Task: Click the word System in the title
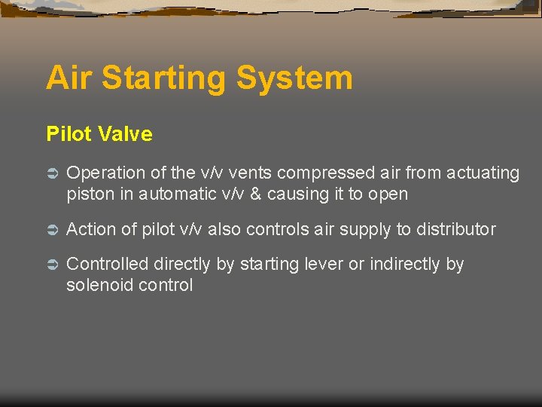294,78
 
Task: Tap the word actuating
483,174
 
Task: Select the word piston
89,194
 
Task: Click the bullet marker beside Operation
52,174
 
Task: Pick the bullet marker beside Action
52,229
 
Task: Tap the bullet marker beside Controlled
52,265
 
